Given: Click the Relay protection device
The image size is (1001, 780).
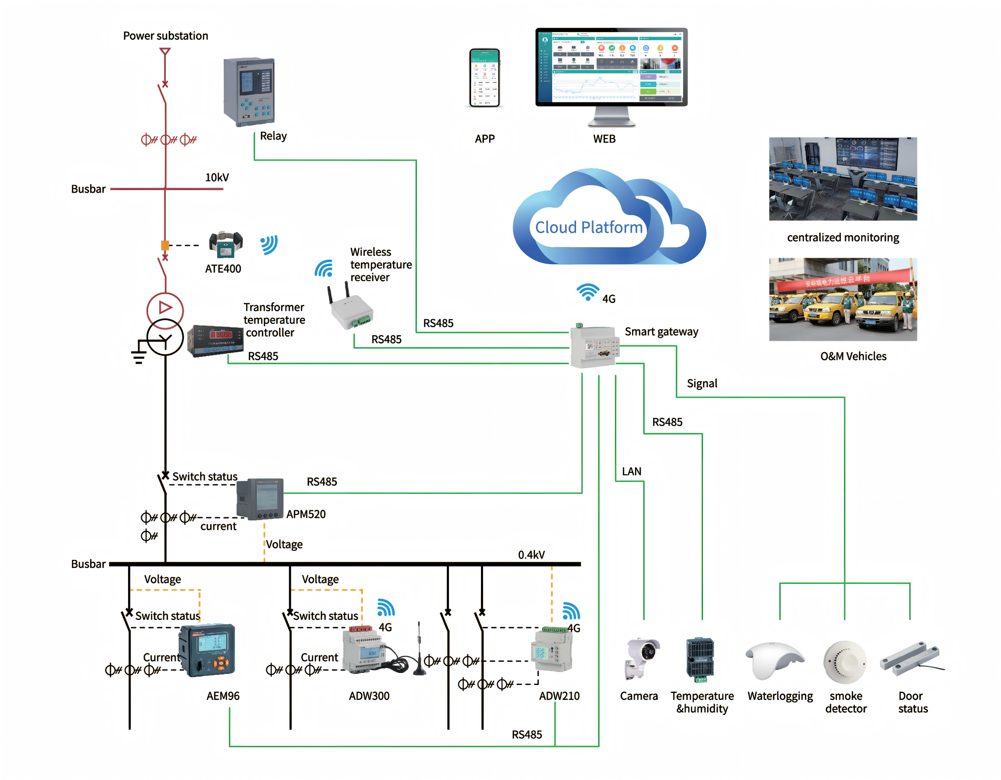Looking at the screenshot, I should (x=249, y=92).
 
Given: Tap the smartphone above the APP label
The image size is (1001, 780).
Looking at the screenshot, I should (x=484, y=78).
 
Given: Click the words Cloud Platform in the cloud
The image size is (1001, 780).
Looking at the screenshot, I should (x=589, y=228).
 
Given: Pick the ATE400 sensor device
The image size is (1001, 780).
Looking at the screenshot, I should (x=226, y=244).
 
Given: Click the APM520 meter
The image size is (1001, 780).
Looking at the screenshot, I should (x=260, y=499).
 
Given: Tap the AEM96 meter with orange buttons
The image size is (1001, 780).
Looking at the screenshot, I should (x=207, y=650).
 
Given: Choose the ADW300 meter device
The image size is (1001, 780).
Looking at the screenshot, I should (x=363, y=649).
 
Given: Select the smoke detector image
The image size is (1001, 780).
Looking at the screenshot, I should (x=845, y=661).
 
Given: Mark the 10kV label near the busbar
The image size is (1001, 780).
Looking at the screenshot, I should (x=217, y=178).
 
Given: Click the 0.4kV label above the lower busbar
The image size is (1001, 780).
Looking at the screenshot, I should (x=531, y=555).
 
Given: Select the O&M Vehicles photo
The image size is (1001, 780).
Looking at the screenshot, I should (x=843, y=299).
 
